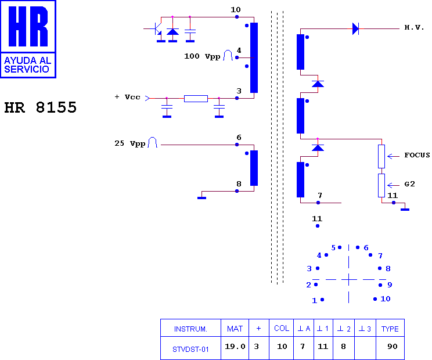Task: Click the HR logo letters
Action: pyautogui.click(x=28, y=26)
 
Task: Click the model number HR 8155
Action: pyautogui.click(x=40, y=107)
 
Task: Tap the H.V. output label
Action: pyautogui.click(x=414, y=27)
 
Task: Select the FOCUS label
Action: pyautogui.click(x=417, y=155)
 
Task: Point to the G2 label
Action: pyautogui.click(x=409, y=184)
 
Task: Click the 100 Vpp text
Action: pyautogui.click(x=202, y=56)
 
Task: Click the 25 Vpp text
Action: pyautogui.click(x=129, y=143)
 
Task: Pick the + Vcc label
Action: pyautogui.click(x=127, y=97)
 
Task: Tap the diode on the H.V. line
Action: pyautogui.click(x=356, y=28)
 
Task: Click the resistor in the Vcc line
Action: pyautogui.click(x=196, y=99)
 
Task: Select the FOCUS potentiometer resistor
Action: pyautogui.click(x=381, y=156)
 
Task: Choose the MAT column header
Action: pyautogui.click(x=235, y=329)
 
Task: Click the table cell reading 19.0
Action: pyautogui.click(x=235, y=346)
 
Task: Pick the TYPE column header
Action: pyautogui.click(x=390, y=329)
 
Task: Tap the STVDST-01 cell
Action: pyautogui.click(x=190, y=349)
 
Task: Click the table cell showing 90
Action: pyautogui.click(x=393, y=346)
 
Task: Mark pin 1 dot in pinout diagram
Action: pyautogui.click(x=322, y=300)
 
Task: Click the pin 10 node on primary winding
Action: pyautogui.click(x=237, y=17)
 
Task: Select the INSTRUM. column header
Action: pyautogui.click(x=190, y=329)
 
